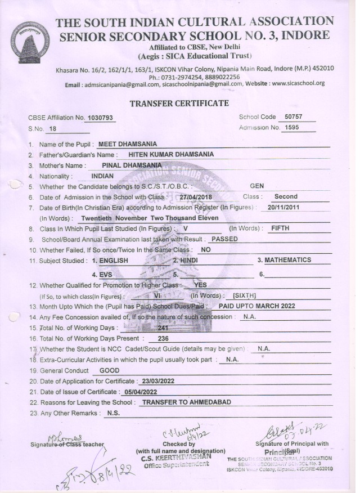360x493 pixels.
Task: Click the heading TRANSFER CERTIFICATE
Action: [179, 103]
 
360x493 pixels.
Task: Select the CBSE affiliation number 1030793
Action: [100, 118]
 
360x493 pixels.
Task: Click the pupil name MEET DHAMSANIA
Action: [128, 144]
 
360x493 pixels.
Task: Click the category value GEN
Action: [256, 185]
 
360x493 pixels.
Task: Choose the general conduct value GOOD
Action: [109, 371]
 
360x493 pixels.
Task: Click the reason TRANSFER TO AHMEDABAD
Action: [186, 403]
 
